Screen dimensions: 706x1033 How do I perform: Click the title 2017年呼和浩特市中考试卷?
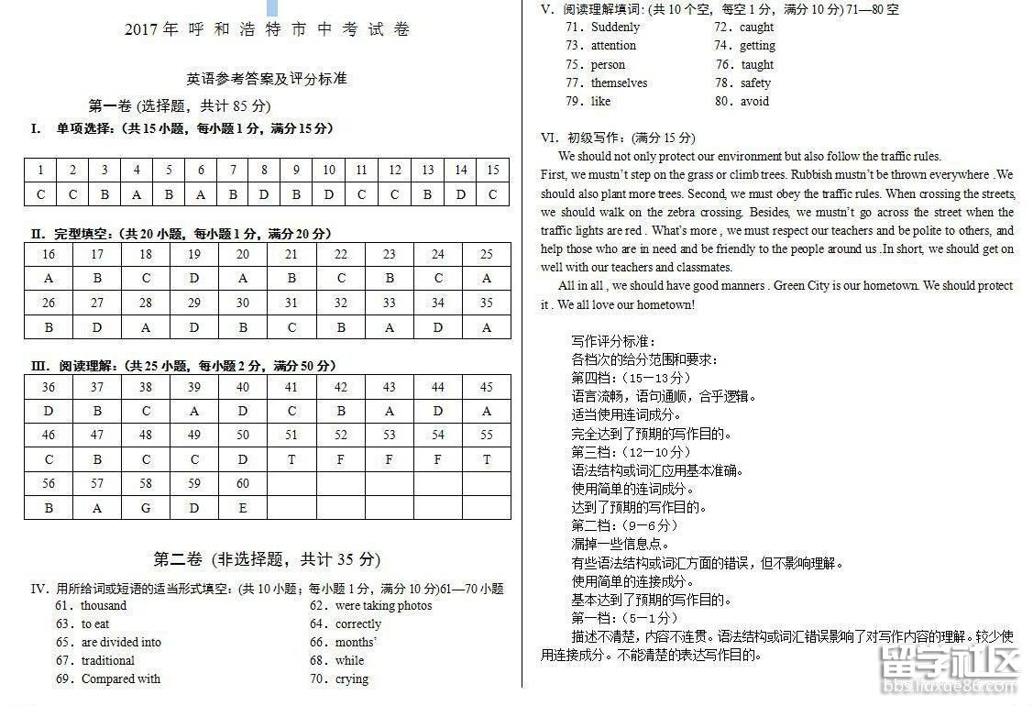(268, 29)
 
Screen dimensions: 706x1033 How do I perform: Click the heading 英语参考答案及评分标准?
(267, 79)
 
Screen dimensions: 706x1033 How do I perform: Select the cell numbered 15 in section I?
(492, 170)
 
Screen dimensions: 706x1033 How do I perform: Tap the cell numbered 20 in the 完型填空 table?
(243, 254)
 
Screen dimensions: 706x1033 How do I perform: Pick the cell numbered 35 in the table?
(486, 303)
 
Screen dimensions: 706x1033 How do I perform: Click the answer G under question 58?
(146, 507)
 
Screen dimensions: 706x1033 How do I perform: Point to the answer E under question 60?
(243, 507)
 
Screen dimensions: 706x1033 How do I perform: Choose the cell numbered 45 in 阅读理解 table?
(486, 387)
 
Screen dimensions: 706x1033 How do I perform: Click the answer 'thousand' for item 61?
(104, 605)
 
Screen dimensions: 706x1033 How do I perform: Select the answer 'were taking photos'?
(383, 605)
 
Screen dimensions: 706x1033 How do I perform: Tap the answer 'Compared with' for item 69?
(120, 678)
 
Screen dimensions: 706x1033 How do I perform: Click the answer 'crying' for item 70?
(352, 678)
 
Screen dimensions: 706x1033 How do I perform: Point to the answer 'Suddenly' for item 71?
(615, 27)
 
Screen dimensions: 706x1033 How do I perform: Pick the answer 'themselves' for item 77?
(619, 83)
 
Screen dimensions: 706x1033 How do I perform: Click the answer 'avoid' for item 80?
(754, 101)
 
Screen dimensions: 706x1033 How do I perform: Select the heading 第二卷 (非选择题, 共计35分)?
(267, 559)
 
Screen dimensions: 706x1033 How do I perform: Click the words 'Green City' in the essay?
(801, 285)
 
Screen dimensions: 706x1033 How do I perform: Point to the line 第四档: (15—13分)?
(631, 378)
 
